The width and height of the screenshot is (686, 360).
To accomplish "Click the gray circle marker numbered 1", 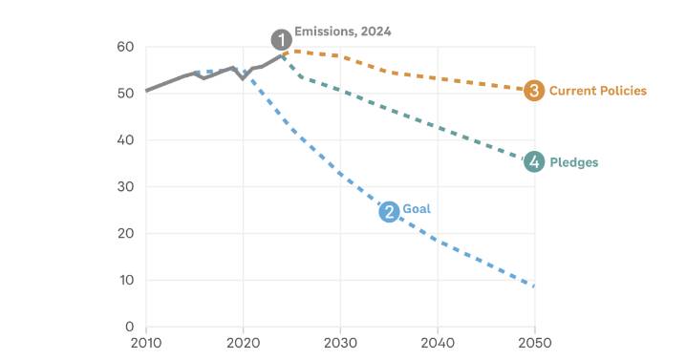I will click(281, 39).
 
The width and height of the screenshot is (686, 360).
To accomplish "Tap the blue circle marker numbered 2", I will click(389, 211).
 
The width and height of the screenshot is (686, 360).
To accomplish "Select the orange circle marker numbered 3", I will click(535, 91).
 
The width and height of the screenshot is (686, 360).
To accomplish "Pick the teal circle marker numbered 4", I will click(535, 162).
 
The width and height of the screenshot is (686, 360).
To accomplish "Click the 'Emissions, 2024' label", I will click(343, 32).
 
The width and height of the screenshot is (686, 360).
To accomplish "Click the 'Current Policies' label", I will click(597, 91).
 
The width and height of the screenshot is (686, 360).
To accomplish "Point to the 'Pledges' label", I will click(574, 162).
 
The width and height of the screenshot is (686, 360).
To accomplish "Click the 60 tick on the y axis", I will click(126, 47).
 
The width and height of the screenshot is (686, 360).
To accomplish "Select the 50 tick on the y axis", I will click(126, 94).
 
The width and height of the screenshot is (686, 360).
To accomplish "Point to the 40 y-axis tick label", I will click(126, 140).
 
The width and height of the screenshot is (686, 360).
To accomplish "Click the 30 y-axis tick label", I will click(126, 187).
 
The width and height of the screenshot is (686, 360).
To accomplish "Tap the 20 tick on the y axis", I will click(126, 234).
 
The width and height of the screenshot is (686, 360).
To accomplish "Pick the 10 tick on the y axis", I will click(126, 281).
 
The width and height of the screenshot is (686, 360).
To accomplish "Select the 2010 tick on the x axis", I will click(146, 343).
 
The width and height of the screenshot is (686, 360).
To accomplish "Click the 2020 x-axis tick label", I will click(244, 343).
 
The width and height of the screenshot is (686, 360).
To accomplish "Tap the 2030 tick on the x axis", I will click(340, 343).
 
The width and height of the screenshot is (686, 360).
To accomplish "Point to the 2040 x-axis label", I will click(438, 343).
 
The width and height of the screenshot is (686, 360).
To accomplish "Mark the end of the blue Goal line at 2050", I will click(534, 286).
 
